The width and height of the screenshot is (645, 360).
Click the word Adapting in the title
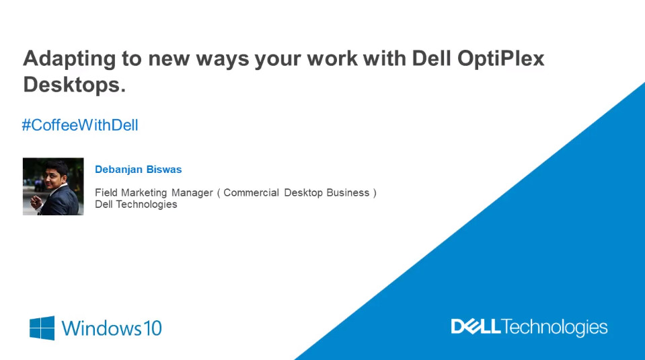click(x=69, y=59)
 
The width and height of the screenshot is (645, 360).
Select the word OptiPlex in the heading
click(x=500, y=59)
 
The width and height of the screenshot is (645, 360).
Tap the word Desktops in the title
click(x=74, y=85)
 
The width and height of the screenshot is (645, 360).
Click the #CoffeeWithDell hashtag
click(x=80, y=125)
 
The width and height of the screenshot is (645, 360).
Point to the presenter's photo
click(x=53, y=186)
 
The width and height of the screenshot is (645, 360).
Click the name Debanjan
click(x=118, y=170)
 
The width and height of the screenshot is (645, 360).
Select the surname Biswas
click(x=164, y=169)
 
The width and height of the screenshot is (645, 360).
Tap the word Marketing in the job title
click(x=143, y=192)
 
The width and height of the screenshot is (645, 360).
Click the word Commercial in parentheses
click(x=251, y=192)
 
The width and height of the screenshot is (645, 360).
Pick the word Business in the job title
click(x=348, y=192)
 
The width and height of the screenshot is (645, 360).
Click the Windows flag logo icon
click(x=42, y=328)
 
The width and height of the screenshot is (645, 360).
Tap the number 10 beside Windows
click(x=152, y=328)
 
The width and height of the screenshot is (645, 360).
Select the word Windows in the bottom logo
click(x=102, y=328)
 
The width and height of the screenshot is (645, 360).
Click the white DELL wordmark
click(x=476, y=326)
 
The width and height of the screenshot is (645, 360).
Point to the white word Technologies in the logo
click(x=554, y=328)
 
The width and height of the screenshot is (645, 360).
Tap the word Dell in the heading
click(x=432, y=59)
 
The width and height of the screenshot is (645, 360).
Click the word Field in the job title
click(x=106, y=192)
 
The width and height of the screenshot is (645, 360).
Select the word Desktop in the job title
click(x=303, y=193)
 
